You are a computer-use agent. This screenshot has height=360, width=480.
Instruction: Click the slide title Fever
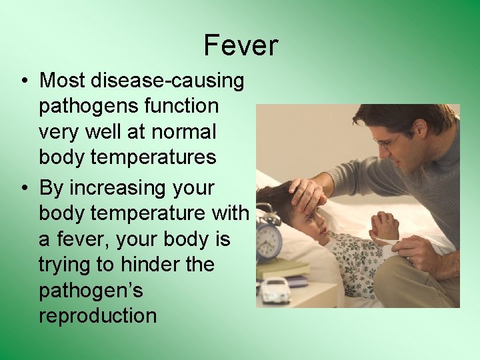[x=241, y=45]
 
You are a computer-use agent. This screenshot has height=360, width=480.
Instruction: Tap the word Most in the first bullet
[x=63, y=81]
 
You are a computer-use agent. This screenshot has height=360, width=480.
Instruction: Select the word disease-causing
[x=168, y=81]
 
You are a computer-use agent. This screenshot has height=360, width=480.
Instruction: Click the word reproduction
[x=98, y=316]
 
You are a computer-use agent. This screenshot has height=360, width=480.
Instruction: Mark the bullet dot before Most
[x=23, y=81]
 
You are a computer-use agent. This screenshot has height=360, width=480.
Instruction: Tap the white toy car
[x=275, y=291]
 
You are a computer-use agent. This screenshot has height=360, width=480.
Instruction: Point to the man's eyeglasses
[x=387, y=141]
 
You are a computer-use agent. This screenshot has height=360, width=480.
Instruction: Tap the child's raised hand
[x=384, y=226]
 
